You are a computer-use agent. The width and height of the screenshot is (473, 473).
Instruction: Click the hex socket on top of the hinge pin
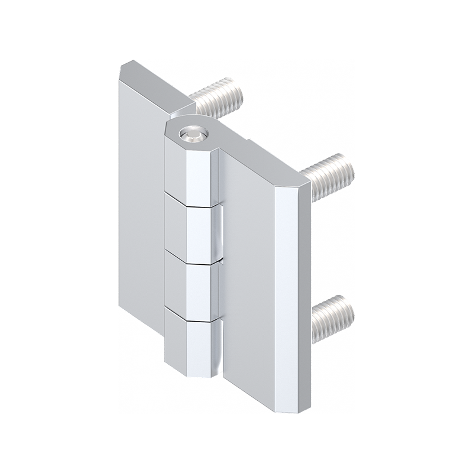click(192, 135)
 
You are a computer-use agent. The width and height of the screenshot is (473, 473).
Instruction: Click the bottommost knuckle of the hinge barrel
click(192, 346)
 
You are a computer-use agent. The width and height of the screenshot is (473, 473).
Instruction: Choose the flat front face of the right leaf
click(248, 278)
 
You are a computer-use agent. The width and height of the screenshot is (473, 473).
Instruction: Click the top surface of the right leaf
click(266, 160)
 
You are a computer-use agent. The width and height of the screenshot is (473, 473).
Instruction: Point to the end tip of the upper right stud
click(349, 168)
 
